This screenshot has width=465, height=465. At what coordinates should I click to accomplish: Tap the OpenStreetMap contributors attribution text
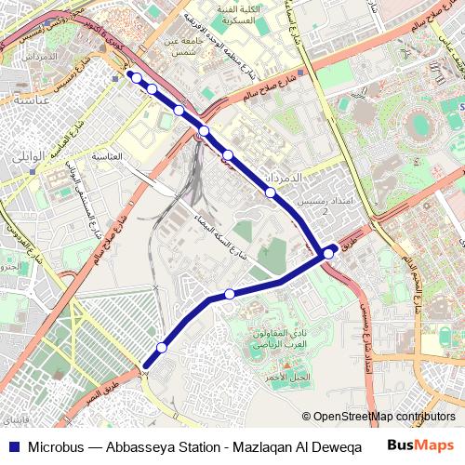click(384, 418)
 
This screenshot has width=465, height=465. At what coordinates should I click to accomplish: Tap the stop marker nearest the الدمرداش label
click(271, 193)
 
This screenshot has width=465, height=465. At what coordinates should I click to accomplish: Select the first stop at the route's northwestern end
click(132, 77)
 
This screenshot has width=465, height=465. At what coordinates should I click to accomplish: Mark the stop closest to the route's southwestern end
click(162, 348)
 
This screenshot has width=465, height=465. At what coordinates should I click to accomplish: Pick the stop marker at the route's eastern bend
click(328, 253)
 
